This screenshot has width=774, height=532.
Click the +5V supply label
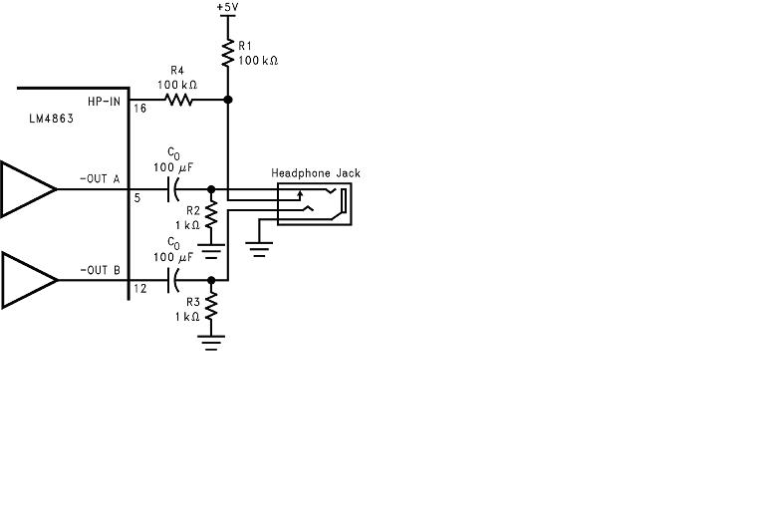228,8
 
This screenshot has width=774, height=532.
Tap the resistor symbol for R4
179,100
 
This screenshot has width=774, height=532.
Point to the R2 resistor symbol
210,211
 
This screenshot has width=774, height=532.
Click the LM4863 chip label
52,118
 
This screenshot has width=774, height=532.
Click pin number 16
140,109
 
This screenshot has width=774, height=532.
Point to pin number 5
137,197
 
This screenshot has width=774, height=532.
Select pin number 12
139,290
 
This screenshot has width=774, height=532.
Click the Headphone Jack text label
316,173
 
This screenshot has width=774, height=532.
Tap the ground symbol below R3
210,342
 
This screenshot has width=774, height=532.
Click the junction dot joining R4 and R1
228,100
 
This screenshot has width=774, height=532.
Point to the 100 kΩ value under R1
257,61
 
